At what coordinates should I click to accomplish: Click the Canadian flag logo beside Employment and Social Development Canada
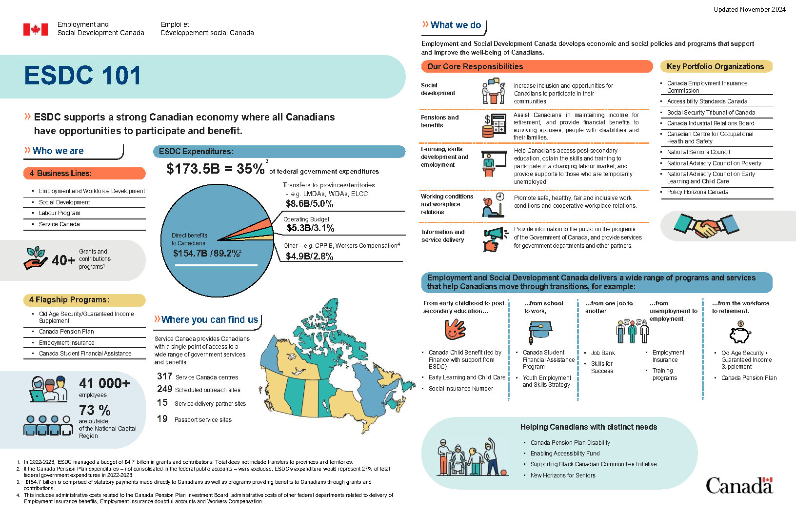36,29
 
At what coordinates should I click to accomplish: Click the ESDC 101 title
83,76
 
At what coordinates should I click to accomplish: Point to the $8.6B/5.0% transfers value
309,204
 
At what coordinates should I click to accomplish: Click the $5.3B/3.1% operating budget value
310,228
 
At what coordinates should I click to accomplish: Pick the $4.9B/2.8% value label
309,256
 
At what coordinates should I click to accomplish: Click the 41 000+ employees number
104,383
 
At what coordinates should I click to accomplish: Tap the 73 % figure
95,410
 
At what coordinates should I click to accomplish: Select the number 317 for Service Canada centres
164,376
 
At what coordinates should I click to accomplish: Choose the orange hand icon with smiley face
455,330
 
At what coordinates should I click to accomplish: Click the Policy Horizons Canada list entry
697,192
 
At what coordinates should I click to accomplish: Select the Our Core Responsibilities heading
475,66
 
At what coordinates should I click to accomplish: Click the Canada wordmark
739,485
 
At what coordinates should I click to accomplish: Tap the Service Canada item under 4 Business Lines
59,224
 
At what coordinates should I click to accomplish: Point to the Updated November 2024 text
749,9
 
